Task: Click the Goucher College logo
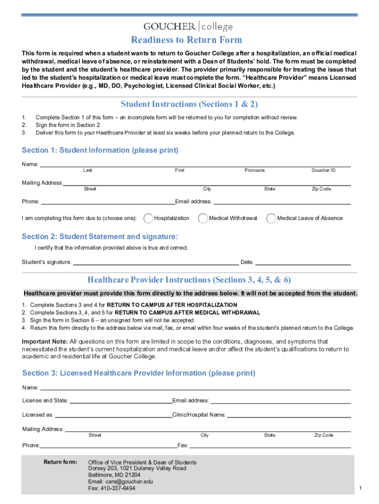pos(188,26)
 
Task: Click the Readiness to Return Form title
pos(186,40)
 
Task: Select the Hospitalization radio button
pos(148,218)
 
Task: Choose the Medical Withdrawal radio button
pos(203,218)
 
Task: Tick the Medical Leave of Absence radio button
pos(271,218)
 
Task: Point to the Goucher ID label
pos(323,170)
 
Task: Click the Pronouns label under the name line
pos(254,170)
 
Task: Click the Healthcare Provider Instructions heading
pos(189,280)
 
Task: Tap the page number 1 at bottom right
pos(361,488)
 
